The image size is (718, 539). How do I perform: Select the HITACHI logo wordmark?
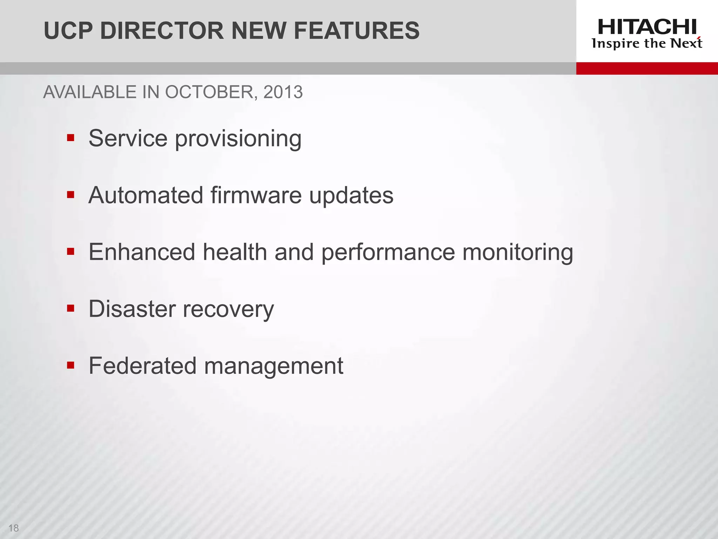click(x=647, y=27)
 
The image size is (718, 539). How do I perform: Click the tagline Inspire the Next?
click(x=647, y=44)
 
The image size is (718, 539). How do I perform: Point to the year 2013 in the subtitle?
click(x=283, y=92)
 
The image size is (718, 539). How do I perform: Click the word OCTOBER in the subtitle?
click(x=209, y=92)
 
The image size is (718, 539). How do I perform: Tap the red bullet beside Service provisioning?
click(x=71, y=138)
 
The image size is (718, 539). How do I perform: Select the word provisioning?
click(x=238, y=139)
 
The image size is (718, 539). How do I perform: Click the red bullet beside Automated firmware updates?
click(x=71, y=194)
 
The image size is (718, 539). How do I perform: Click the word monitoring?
click(x=518, y=253)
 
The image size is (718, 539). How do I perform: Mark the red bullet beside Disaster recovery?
click(x=71, y=308)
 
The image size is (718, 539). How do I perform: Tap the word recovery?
click(x=228, y=310)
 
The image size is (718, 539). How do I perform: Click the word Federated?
click(x=143, y=366)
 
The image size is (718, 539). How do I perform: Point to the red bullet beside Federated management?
click(x=71, y=365)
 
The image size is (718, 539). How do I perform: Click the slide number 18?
click(x=14, y=528)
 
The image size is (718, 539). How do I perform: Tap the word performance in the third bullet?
click(x=388, y=253)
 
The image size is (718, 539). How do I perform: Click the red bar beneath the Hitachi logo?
click(x=647, y=68)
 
